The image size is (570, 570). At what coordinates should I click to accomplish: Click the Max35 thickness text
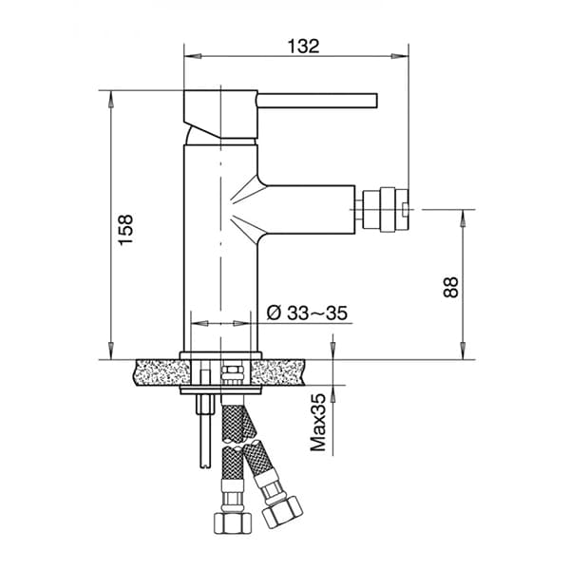(320, 422)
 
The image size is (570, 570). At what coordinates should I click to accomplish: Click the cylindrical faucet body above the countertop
(219, 247)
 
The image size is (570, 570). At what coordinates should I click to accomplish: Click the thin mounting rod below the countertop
(200, 432)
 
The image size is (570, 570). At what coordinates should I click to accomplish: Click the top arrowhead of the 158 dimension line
(111, 96)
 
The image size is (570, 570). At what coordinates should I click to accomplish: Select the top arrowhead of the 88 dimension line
(463, 214)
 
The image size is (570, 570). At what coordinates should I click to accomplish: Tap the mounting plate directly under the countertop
(220, 389)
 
